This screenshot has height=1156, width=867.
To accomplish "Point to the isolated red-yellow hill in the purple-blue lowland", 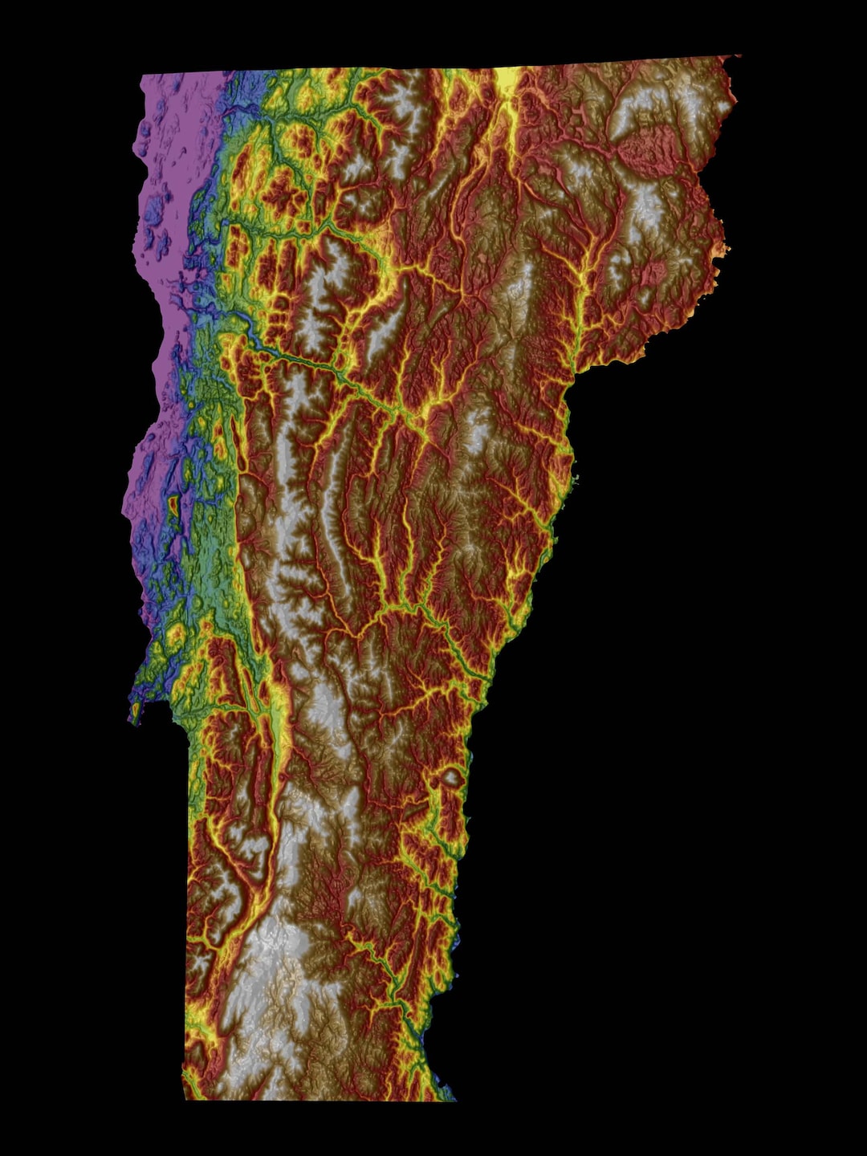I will pyautogui.click(x=173, y=507).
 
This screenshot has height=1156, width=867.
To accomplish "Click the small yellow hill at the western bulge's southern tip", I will pyautogui.click(x=135, y=710).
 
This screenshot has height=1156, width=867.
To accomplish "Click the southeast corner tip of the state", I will pyautogui.click(x=454, y=1099).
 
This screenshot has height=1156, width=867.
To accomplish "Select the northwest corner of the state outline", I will pyautogui.click(x=141, y=77).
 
